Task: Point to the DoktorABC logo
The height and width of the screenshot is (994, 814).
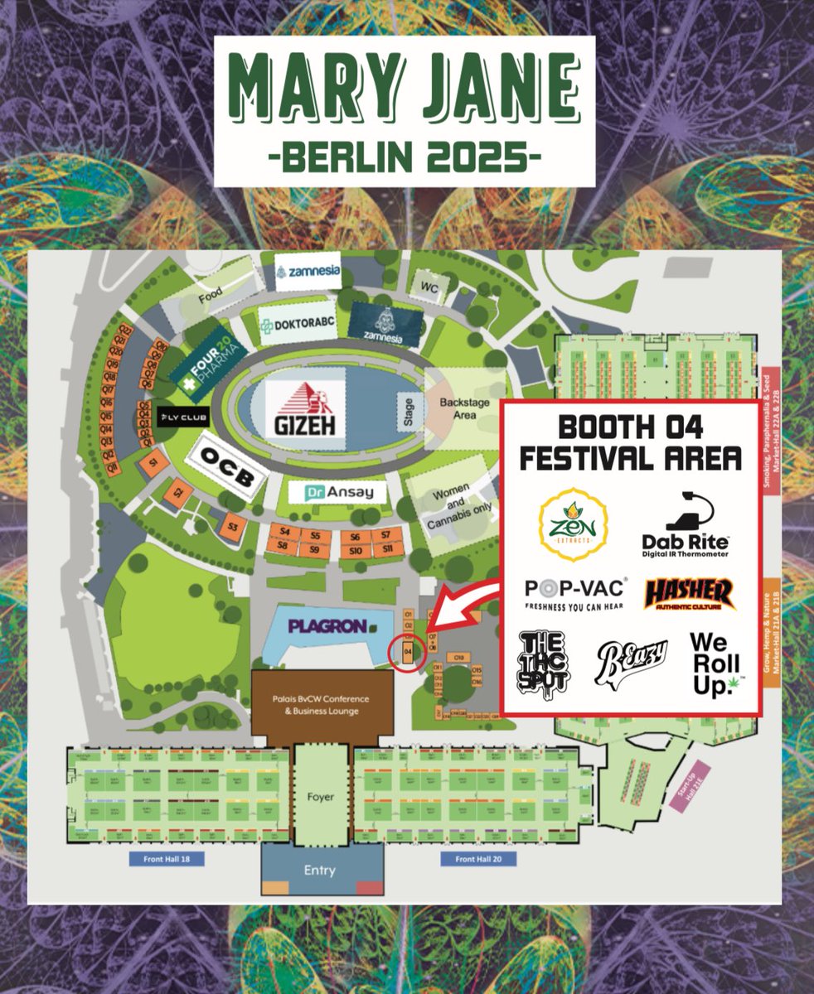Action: point(298,325)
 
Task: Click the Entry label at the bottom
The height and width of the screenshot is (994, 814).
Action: point(319,871)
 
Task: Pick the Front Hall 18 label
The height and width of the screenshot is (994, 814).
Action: point(167,859)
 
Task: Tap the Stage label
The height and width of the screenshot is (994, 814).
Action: point(409,413)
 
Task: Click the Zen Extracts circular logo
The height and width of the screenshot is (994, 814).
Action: point(574,524)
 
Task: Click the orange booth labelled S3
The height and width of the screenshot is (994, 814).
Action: point(233,527)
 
